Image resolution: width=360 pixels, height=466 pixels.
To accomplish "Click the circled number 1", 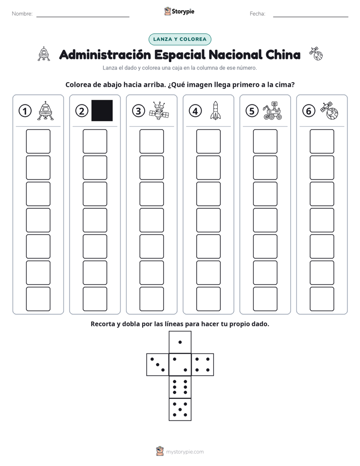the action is tap(25, 111).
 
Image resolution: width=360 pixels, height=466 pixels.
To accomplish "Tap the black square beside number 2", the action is tap(102, 110).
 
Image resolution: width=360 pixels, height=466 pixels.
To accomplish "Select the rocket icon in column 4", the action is tap(215, 110).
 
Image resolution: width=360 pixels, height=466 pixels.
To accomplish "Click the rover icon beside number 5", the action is tap(272, 110).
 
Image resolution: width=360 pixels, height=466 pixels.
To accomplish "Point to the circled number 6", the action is tap(309, 111).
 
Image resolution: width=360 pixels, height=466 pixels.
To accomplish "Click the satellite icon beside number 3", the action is tap(159, 110).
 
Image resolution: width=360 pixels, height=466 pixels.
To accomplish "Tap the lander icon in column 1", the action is tap(45, 110).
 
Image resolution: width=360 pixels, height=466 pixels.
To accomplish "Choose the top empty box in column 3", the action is tap(151, 141).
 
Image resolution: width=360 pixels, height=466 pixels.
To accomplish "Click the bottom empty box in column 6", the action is tap(322, 299).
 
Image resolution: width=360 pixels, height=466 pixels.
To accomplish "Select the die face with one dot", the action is tap(180, 342).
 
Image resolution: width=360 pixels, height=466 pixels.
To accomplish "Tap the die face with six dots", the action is tap(180, 387).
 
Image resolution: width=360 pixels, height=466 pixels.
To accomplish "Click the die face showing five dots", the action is tap(180, 410).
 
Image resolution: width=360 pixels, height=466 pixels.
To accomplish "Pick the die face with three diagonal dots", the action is tap(158, 365).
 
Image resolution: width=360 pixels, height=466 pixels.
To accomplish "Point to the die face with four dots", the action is tap(203, 365).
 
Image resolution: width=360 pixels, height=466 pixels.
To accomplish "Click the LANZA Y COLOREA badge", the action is tap(179, 39).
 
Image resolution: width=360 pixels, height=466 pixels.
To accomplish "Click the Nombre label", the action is tap(22, 14).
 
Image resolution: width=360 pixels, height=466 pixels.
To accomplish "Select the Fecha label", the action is tap(257, 14).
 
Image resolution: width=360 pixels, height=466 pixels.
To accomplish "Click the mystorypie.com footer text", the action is tap(185, 452).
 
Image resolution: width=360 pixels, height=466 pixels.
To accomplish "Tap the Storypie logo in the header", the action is tap(179, 12).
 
